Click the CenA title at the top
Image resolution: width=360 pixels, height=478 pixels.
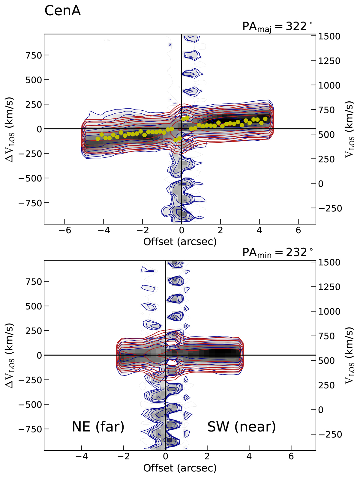62,11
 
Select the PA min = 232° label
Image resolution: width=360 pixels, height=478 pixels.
277,253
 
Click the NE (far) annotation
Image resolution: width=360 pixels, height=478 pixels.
98,427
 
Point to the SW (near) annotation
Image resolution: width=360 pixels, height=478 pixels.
241,427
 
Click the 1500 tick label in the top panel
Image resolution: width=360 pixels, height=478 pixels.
329,36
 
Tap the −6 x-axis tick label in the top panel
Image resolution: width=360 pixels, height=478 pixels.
65,230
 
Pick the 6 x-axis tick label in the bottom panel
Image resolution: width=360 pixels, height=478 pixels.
291,456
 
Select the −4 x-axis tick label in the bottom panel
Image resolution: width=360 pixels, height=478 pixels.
82,456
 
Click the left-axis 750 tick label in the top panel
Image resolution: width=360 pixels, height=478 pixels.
34,55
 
